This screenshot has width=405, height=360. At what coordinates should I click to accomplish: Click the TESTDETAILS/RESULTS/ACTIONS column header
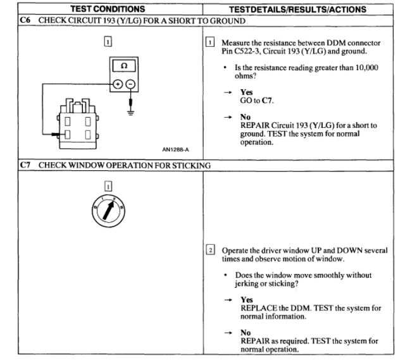click(x=301, y=9)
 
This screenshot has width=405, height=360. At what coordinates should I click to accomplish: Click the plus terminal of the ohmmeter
click(x=118, y=84)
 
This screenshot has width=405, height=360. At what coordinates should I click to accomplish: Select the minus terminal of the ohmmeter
click(x=130, y=84)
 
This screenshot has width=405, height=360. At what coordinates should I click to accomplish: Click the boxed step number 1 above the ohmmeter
click(x=108, y=42)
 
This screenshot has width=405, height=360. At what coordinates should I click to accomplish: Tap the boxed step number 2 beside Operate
click(x=211, y=250)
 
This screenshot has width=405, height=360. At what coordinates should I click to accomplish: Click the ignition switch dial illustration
click(x=108, y=214)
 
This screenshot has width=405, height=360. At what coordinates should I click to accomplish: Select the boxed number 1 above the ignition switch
click(x=108, y=186)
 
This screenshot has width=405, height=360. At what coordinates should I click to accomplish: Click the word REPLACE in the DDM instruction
click(x=259, y=307)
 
